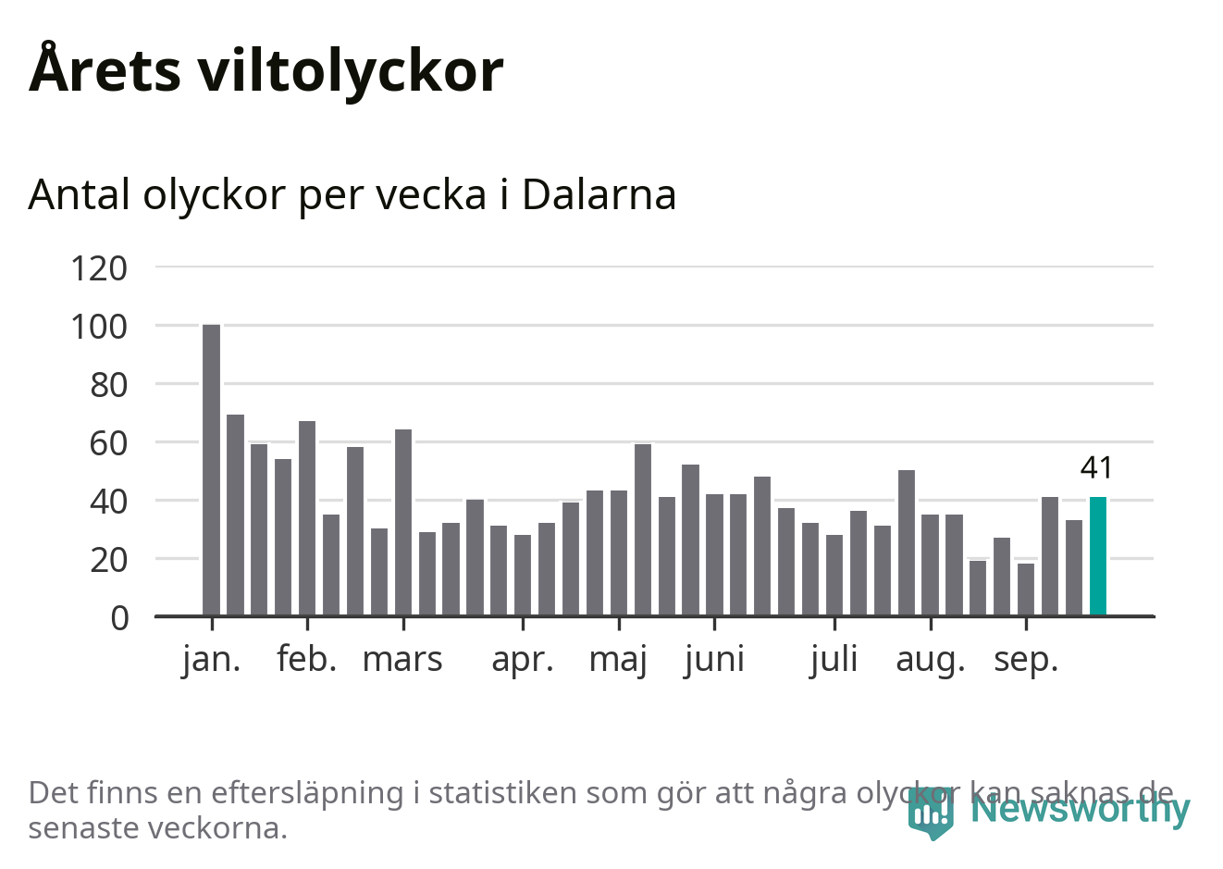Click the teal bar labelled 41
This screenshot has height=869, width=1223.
tap(1097, 556)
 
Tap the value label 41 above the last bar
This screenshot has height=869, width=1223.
tap(1096, 468)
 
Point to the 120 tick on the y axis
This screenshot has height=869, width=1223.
tap(99, 268)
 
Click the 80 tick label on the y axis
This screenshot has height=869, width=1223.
tap(108, 385)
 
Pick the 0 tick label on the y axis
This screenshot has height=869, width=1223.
tap(119, 617)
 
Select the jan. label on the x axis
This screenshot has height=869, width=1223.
tap(211, 660)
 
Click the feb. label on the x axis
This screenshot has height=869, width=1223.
tap(306, 660)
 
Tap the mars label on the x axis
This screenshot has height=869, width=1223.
tap(402, 660)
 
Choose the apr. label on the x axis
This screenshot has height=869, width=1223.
tap(523, 660)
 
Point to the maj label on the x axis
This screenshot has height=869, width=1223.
tap(618, 660)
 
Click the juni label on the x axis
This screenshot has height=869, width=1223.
tap(714, 660)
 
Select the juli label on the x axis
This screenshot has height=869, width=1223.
tap(834, 660)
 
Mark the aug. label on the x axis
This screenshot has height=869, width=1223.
tap(930, 660)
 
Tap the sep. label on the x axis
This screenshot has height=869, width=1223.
tap(1025, 660)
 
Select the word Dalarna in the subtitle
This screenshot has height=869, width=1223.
tap(599, 194)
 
